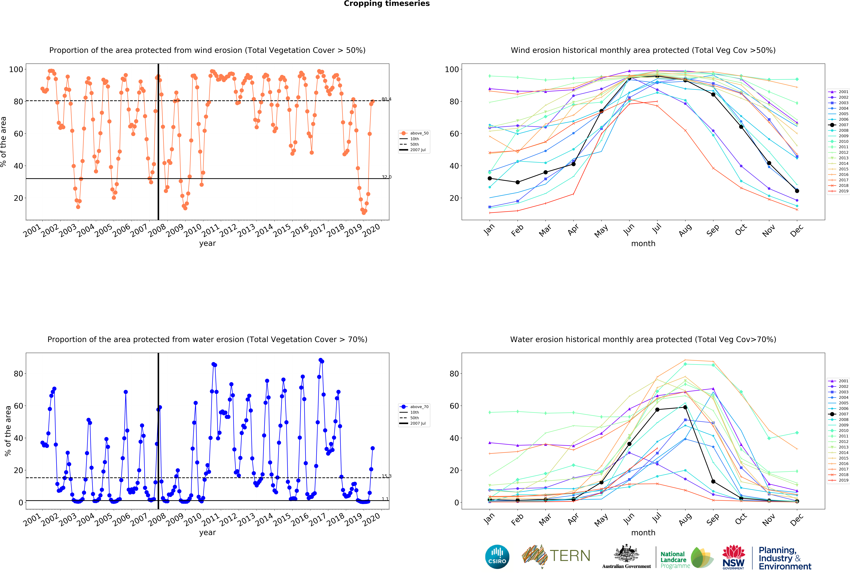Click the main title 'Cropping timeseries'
pos(387,4)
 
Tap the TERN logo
pos(556,556)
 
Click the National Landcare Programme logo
pos(686,557)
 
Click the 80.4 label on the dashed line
pos(386,99)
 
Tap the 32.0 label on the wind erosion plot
pos(386,177)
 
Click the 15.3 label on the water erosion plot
pos(386,476)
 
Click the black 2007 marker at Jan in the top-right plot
pos(490,178)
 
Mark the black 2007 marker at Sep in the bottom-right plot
pos(713,481)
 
